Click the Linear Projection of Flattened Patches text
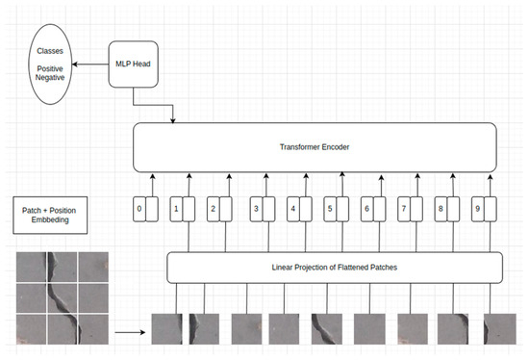click(334, 266)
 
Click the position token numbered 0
click(140, 207)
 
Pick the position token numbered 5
click(331, 207)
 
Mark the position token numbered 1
click(177, 207)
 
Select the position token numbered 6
click(366, 207)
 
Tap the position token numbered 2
click(214, 207)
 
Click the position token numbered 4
click(293, 207)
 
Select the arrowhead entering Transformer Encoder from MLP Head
click(173, 120)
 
